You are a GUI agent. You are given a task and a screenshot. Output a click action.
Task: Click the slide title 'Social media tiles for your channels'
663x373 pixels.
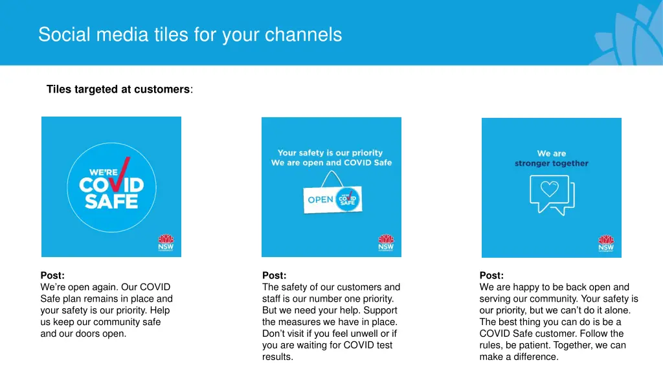[x=190, y=34]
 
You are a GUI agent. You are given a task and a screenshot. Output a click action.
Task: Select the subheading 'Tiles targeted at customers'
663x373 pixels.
[x=118, y=89]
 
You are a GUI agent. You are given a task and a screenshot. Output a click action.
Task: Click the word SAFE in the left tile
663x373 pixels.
[x=111, y=201]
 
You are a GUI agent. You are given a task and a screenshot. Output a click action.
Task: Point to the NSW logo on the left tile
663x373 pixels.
[x=165, y=243]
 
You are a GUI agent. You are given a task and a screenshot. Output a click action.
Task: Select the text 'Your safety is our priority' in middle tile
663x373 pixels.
[x=330, y=153]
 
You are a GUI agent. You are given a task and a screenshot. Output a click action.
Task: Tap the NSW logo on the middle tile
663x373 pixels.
[x=386, y=243]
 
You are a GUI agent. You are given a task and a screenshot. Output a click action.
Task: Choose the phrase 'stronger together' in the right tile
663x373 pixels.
[x=552, y=164]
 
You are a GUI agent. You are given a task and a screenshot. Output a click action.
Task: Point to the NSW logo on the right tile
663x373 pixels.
[x=606, y=244]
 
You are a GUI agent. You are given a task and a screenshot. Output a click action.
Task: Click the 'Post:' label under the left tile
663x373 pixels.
[x=52, y=275]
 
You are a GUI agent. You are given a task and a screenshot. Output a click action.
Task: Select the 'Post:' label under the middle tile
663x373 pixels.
[x=274, y=275]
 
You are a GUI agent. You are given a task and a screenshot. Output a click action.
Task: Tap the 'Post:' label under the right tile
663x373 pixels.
[x=491, y=275]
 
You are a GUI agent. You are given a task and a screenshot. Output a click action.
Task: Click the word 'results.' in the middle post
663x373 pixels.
[x=278, y=357]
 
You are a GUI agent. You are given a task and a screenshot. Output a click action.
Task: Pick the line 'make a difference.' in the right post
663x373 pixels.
[x=519, y=357]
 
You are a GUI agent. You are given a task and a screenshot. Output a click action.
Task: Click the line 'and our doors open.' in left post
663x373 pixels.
[x=84, y=333]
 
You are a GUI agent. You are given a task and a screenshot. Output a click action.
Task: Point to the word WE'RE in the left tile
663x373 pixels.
[x=102, y=173]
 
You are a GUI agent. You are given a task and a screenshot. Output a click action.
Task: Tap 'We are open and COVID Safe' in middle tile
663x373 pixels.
[x=331, y=163]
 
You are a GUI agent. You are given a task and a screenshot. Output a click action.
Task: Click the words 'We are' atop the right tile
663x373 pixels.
[x=552, y=153]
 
